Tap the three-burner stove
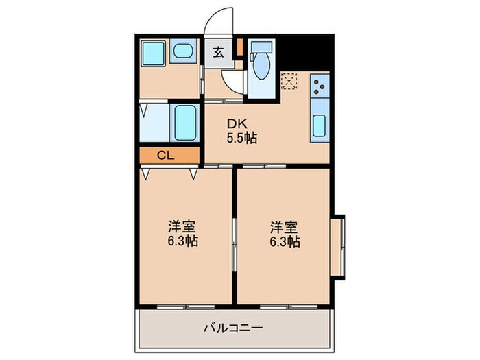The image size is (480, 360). tap(320, 86)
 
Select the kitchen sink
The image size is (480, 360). tap(320, 125)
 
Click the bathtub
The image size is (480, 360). tap(184, 122)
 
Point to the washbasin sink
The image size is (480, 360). tap(182, 51)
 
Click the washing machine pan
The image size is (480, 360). tap(153, 53)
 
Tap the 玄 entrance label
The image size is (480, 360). tap(217, 52)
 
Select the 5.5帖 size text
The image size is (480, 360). tap(241, 138)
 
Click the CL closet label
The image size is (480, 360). tap(165, 155)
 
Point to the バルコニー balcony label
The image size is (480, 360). tap(232, 328)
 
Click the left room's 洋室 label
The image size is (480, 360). tap(183, 227)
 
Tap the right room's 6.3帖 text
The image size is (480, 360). tap(285, 241)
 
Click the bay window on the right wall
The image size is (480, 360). tap(338, 246)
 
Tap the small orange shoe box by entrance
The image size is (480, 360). tap(239, 47)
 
